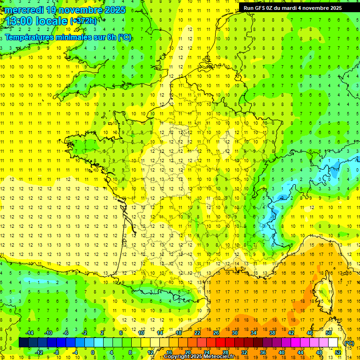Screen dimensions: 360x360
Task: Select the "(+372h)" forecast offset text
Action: click(83, 21)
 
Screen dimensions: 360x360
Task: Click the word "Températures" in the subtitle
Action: click(29, 37)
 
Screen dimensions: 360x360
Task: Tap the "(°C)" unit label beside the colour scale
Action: click(349, 343)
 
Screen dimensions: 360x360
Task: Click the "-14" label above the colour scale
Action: click(29, 333)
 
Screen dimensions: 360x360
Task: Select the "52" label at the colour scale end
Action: click(338, 352)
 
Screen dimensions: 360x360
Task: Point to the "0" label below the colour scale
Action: click(93, 352)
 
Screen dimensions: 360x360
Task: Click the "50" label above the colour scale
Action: click(329, 333)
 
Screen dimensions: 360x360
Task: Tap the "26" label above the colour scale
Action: click(216, 333)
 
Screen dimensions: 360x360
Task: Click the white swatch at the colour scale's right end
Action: click(333, 343)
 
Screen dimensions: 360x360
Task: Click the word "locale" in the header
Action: click(52, 21)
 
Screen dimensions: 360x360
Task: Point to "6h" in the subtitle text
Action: click(111, 37)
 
